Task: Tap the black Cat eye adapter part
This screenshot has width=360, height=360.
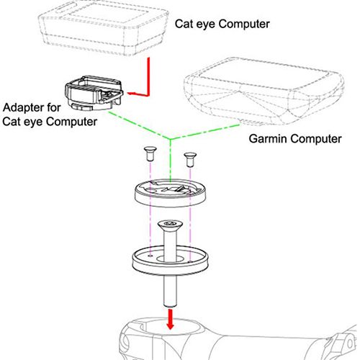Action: [x=92, y=94]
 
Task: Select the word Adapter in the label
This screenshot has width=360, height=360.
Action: [x=22, y=108]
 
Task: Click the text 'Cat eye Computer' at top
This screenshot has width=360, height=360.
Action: [x=222, y=24]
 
